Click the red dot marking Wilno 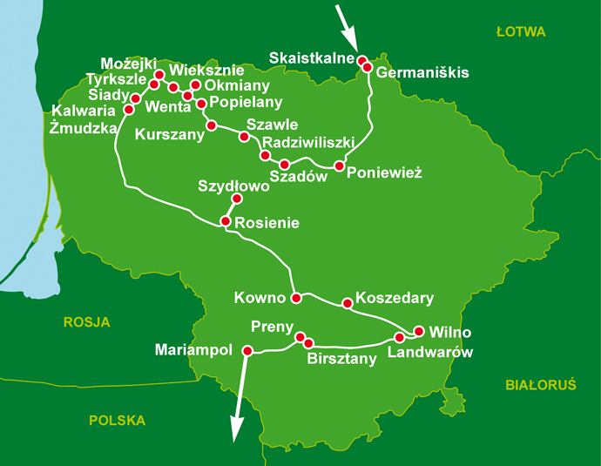[419, 331]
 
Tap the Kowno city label [260, 299]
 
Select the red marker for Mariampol [246, 351]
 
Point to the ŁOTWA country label [520, 32]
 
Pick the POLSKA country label [117, 420]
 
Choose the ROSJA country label [87, 322]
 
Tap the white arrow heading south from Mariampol [237, 409]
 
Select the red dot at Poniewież [340, 165]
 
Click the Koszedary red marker [348, 304]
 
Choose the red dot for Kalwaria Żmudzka [129, 110]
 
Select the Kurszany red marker [210, 125]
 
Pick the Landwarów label [429, 353]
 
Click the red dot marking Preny [300, 337]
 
